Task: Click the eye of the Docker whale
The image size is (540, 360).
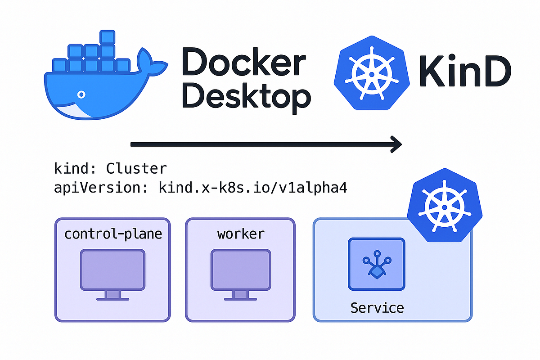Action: coord(81,94)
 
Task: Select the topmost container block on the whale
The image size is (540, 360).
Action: coord(108,37)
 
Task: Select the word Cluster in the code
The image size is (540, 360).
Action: coord(136,169)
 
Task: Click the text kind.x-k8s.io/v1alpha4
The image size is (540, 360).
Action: coord(252,188)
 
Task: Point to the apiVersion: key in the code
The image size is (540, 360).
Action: coord(101,188)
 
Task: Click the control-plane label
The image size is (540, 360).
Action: coord(113,234)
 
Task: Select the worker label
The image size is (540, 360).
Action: coord(241,234)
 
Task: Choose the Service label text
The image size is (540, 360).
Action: coord(377,308)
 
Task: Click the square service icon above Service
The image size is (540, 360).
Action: coord(377,264)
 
